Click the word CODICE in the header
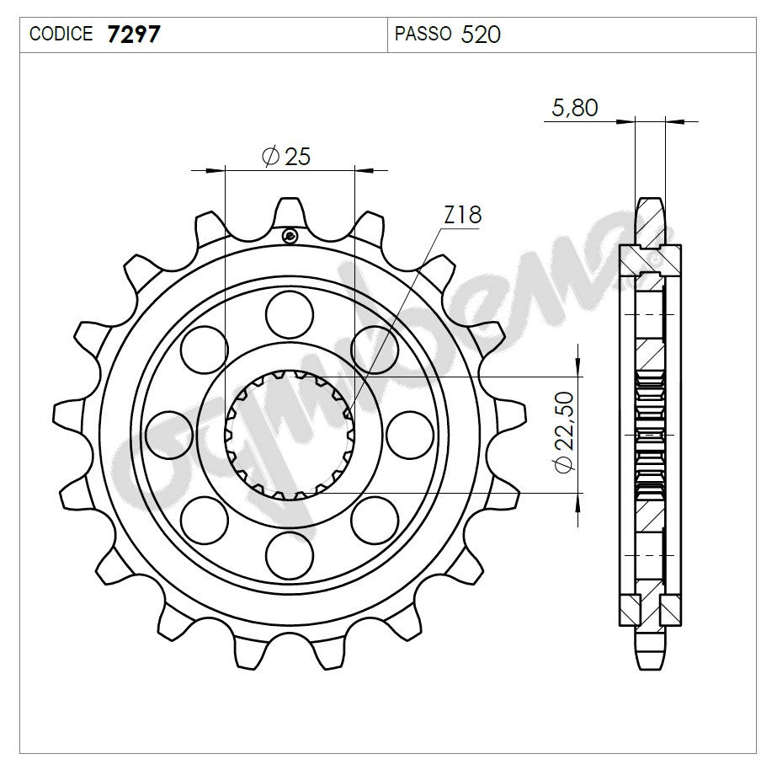pos(61,35)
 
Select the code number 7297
pos(130,35)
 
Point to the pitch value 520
pos(482,35)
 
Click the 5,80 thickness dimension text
pos(574,108)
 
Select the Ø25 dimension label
pos(286,156)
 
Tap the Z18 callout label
pos(462,216)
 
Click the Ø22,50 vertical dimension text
pos(563,431)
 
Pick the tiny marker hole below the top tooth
pos(290,235)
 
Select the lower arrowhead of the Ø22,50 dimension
pos(578,502)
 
